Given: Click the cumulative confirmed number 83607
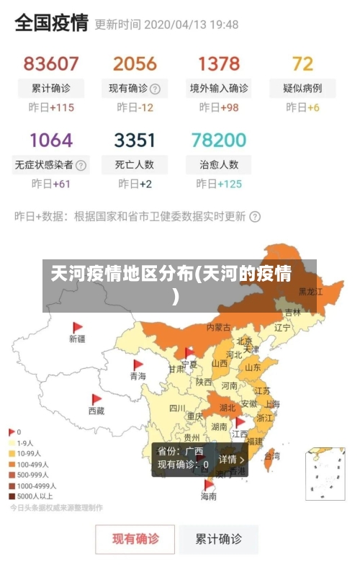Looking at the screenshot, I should point(51,63).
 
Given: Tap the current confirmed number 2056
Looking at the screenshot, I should point(135,63).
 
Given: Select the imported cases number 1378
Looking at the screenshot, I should point(219,63).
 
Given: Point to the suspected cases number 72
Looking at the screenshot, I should point(302,63).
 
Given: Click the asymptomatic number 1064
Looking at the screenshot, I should point(51,139).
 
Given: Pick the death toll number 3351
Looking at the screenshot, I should point(135,139).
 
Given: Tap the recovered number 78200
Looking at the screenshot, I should point(219,139).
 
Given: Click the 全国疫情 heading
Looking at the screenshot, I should point(51,23).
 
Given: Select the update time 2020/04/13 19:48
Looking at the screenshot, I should point(192,24).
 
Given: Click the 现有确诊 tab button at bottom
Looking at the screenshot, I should point(135,538).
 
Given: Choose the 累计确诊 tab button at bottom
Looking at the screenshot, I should point(220,538).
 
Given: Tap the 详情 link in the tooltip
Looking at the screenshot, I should point(232,459).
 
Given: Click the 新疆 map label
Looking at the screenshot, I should point(77,338).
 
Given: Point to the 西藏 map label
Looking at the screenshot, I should point(96,411).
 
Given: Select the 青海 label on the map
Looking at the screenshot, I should point(138,376).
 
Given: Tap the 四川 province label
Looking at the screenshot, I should point(177,408).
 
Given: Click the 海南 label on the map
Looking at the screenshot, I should point(208,496).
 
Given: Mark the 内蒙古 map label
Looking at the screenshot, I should point(219,327).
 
